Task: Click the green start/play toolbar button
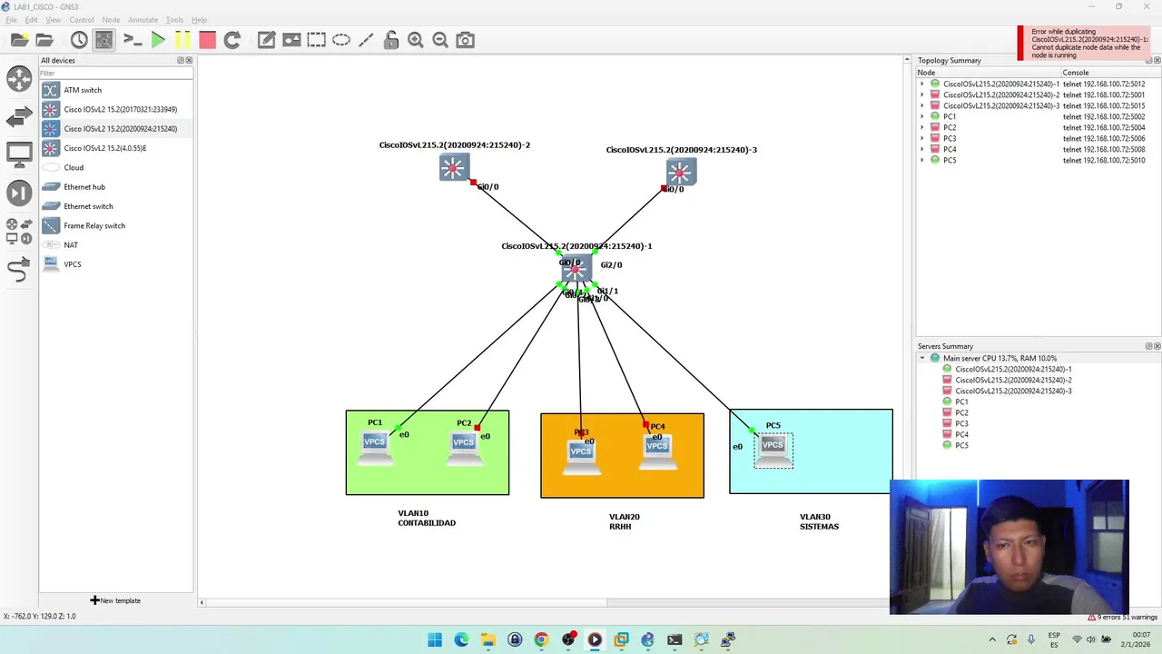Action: point(158,40)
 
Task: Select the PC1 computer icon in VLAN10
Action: point(374,445)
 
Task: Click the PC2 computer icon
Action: point(463,445)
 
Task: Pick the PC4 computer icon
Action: point(656,449)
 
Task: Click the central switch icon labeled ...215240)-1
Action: point(576,270)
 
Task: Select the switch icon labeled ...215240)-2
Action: point(453,168)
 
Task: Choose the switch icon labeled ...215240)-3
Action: point(680,173)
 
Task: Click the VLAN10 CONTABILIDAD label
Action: point(427,518)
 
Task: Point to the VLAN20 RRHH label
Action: point(624,521)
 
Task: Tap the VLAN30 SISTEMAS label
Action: point(819,521)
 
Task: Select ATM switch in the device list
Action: point(83,90)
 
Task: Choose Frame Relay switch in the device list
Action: point(94,225)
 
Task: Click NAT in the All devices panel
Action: point(71,245)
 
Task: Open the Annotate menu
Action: point(143,20)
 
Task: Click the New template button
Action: point(115,600)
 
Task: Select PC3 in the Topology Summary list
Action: point(950,138)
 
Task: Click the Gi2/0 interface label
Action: point(611,265)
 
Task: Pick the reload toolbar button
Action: point(232,40)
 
